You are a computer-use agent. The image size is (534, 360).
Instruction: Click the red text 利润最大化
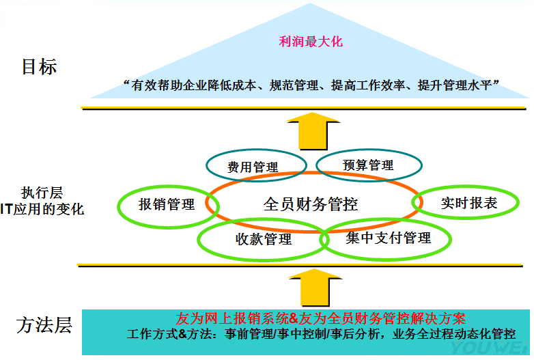click(x=311, y=42)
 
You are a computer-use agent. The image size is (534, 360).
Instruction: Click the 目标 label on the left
click(x=39, y=67)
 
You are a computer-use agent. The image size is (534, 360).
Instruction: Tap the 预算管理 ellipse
click(x=368, y=165)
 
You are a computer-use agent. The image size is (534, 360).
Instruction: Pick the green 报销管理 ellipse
click(x=167, y=204)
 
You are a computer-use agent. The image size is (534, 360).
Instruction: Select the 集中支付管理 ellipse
click(x=388, y=238)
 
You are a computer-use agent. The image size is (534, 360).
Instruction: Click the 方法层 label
click(x=44, y=324)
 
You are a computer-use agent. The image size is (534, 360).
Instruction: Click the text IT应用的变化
click(x=42, y=209)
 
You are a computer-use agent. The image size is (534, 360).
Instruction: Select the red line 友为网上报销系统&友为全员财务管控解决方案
click(x=320, y=318)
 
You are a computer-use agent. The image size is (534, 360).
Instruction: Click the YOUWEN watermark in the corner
click(x=501, y=351)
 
